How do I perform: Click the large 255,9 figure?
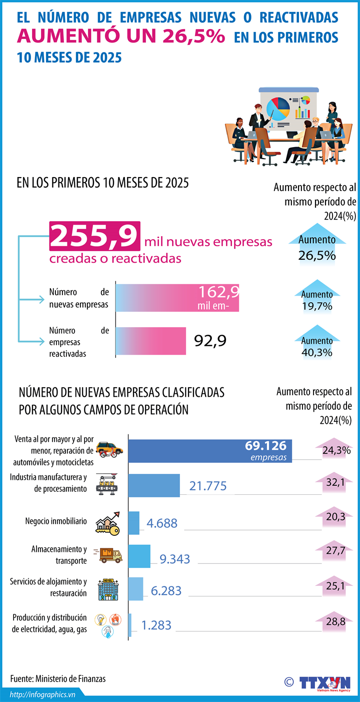tap(94, 236)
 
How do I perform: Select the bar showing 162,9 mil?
tap(177, 298)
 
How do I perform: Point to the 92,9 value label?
tap(210, 341)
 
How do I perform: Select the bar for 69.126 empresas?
tap(210, 450)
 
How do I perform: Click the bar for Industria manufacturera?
tap(154, 485)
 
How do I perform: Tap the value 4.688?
tap(161, 523)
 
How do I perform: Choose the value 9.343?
tap(174, 558)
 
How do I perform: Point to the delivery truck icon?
tap(110, 554)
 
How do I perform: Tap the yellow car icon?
tap(109, 449)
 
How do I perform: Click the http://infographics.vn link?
tap(42, 694)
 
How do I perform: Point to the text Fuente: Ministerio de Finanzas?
tap(58, 678)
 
